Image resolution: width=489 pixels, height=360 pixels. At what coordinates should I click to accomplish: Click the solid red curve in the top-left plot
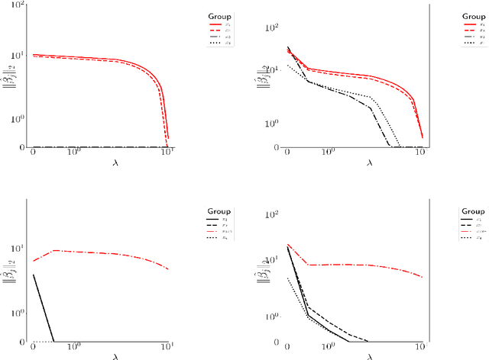[115, 59]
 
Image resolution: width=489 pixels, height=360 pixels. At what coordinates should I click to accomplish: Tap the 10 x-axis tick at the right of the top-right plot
[419, 154]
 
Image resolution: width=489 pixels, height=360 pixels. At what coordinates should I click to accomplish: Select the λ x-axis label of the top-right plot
[369, 162]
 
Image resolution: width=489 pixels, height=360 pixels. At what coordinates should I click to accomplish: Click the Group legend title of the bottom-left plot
[219, 210]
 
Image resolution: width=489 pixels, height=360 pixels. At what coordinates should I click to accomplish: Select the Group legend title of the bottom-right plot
[472, 211]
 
